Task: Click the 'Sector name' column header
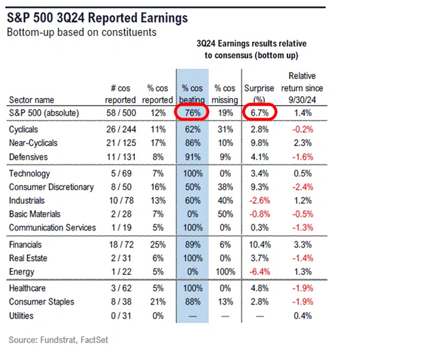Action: [x=32, y=99]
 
